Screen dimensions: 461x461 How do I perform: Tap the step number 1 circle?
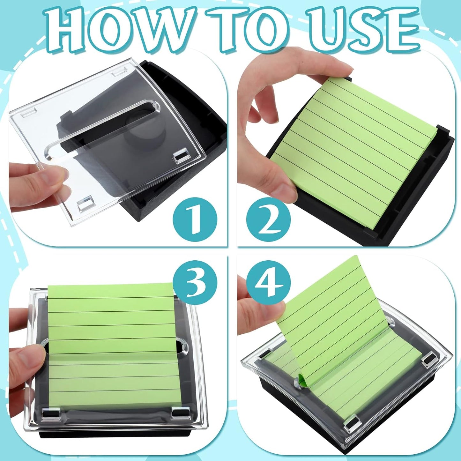point(195,220)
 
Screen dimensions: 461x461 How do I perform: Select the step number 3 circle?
point(195,282)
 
